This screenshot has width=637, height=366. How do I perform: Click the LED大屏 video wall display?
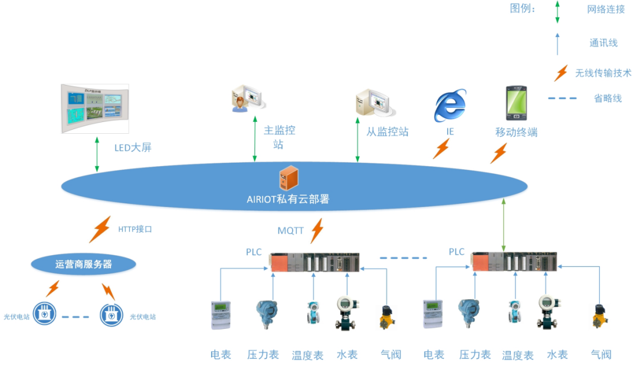pyautogui.click(x=95, y=108)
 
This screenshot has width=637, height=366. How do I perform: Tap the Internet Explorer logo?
pyautogui.click(x=450, y=106)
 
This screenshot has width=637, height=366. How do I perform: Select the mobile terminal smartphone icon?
pyautogui.click(x=515, y=104)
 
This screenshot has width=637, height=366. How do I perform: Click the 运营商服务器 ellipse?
pyautogui.click(x=83, y=265)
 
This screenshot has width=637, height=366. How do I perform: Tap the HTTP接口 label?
pyautogui.click(x=135, y=229)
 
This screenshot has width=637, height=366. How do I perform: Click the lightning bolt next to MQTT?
pyautogui.click(x=317, y=230)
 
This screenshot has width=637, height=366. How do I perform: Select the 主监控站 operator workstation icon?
pyautogui.click(x=247, y=98)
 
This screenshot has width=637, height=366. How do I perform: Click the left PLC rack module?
pyautogui.click(x=314, y=262)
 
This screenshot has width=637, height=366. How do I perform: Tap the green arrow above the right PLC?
pyautogui.click(x=503, y=225)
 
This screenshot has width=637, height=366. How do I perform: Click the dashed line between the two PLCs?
pyautogui.click(x=403, y=258)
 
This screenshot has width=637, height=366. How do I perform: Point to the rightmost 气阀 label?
pyautogui.click(x=601, y=354)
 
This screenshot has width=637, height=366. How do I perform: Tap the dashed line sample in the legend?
pyautogui.click(x=562, y=98)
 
